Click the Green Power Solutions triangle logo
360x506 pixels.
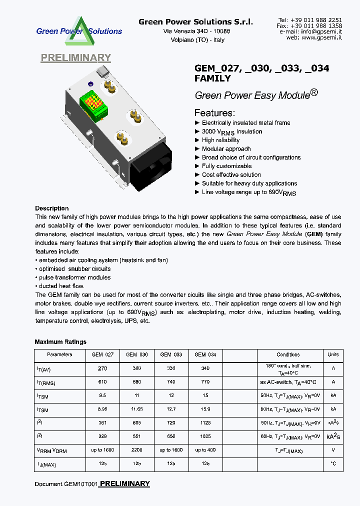(79, 31)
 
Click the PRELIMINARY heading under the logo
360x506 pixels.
(75, 58)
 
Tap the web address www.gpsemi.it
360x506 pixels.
(321, 37)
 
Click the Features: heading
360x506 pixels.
(214, 112)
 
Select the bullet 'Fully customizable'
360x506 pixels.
(226, 166)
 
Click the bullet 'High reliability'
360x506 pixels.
(220, 140)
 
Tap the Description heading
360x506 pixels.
(52, 208)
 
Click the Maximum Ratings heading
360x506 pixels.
(60, 342)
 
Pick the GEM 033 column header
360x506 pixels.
(171, 354)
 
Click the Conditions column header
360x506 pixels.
(288, 354)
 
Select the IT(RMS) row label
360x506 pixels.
(45, 383)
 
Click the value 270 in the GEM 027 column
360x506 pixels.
(102, 368)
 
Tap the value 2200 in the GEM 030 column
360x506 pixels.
(137, 450)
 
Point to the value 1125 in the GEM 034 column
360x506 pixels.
(205, 422)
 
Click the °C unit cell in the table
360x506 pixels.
(332, 464)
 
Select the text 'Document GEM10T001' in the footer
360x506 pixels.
(66, 484)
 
